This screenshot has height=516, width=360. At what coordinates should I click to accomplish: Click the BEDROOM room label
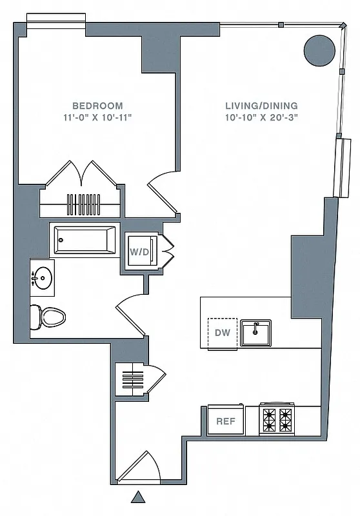(97, 106)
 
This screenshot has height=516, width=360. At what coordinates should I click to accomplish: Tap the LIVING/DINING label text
(261, 106)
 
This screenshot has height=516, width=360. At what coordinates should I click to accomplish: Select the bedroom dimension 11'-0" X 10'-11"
(97, 117)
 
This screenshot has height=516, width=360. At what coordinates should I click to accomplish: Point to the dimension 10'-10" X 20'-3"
(261, 117)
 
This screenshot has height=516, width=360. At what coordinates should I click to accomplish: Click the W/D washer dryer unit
(140, 250)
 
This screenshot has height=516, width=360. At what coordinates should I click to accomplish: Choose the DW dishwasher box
(221, 333)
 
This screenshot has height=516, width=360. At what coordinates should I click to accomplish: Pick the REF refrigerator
(225, 421)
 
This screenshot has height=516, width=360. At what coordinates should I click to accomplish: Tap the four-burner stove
(276, 419)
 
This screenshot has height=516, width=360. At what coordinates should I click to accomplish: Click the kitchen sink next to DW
(255, 333)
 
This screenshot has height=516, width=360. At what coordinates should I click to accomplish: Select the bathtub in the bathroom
(85, 239)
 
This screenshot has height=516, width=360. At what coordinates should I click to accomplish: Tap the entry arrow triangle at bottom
(137, 497)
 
